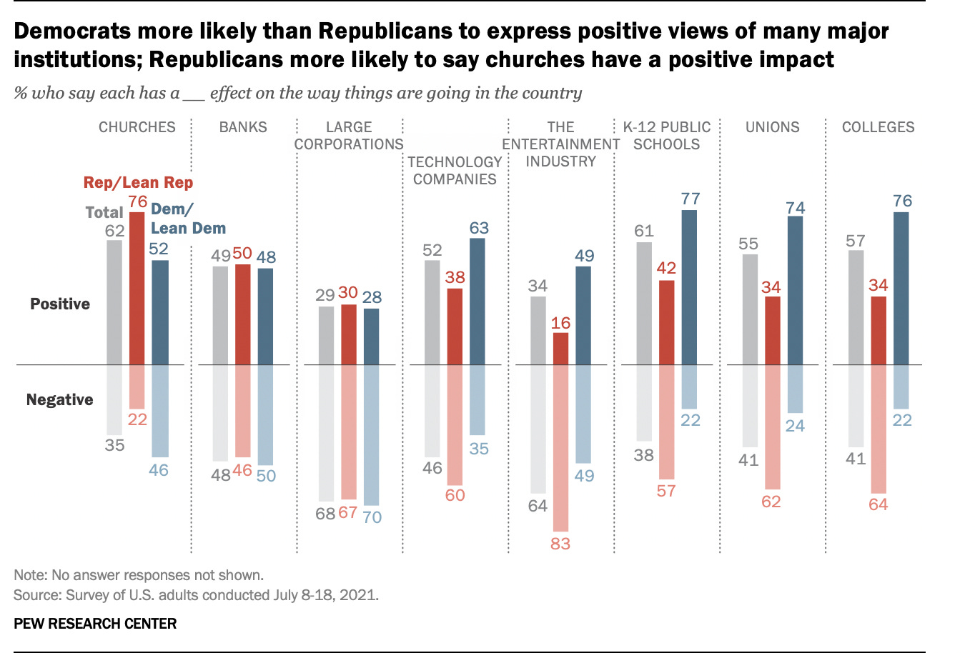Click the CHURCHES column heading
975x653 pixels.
point(137,127)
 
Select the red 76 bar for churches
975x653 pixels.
point(137,288)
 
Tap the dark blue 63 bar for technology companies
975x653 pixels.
point(477,301)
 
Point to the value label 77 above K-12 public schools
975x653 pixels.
point(690,199)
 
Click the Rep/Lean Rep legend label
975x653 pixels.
point(138,183)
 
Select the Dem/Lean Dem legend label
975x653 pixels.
point(187,219)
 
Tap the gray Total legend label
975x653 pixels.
point(104,212)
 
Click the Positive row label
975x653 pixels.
point(60,304)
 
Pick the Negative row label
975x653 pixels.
point(59,399)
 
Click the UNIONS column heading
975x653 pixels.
point(772,127)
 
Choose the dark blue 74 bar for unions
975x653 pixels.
point(795,290)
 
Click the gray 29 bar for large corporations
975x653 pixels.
point(326,335)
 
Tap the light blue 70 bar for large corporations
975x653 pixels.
point(371,435)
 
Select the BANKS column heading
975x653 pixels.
point(243,127)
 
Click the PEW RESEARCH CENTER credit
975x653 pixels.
point(95,624)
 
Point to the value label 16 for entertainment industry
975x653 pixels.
point(560,323)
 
